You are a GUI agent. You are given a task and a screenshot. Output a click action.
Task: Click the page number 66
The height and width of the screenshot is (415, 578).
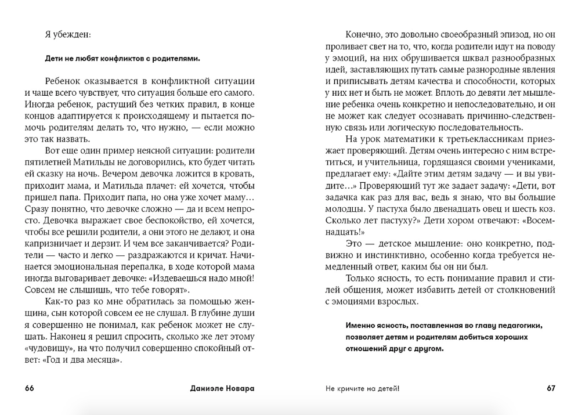pyautogui.click(x=30, y=388)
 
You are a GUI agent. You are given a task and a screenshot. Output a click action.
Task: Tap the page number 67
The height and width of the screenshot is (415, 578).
pyautogui.click(x=551, y=388)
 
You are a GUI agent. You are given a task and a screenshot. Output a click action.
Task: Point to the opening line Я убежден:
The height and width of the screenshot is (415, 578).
pyautogui.click(x=68, y=34)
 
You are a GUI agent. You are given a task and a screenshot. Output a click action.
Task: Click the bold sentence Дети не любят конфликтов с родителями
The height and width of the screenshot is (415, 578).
pyautogui.click(x=122, y=58)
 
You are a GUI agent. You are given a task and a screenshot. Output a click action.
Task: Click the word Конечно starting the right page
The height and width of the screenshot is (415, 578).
pyautogui.click(x=363, y=34)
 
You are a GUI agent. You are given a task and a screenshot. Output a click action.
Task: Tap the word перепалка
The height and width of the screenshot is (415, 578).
pyautogui.click(x=133, y=265)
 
